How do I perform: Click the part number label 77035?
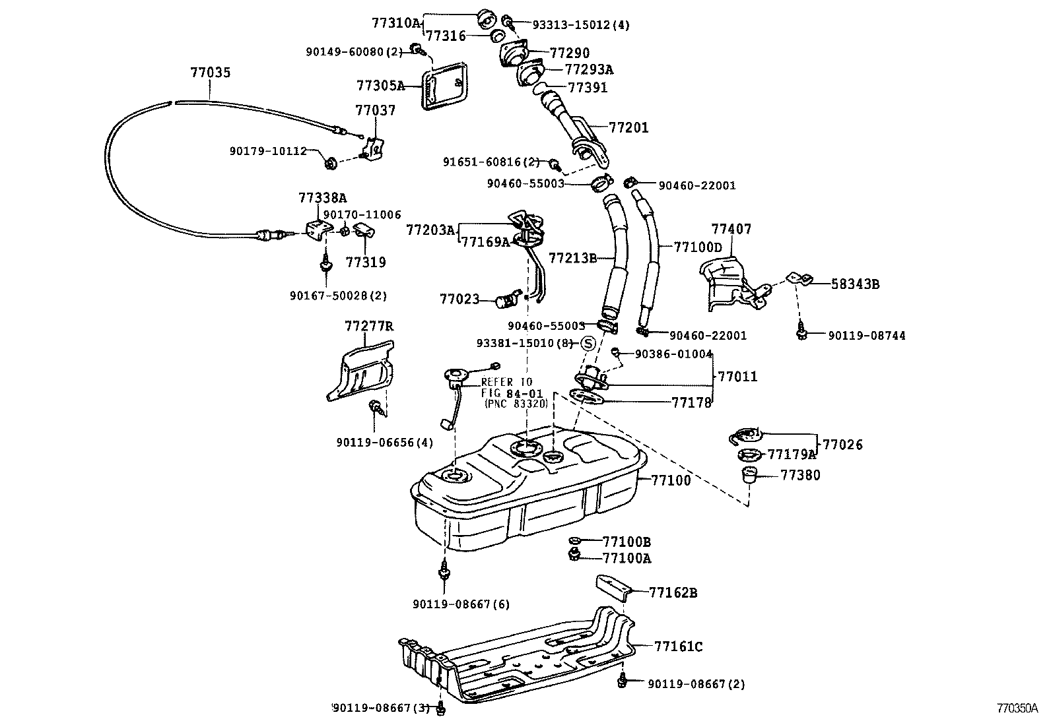pos(211,72)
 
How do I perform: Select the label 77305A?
pos(380,85)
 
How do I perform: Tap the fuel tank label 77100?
pos(671,480)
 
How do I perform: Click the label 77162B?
pos(673,592)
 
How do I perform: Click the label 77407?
pos(731,230)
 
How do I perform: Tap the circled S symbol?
pos(588,343)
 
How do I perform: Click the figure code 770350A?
pos(1017,709)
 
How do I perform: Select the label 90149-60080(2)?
pos(354,51)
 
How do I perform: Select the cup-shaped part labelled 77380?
pos(749,474)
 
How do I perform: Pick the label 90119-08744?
pos(867,336)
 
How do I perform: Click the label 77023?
pos(459,299)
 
